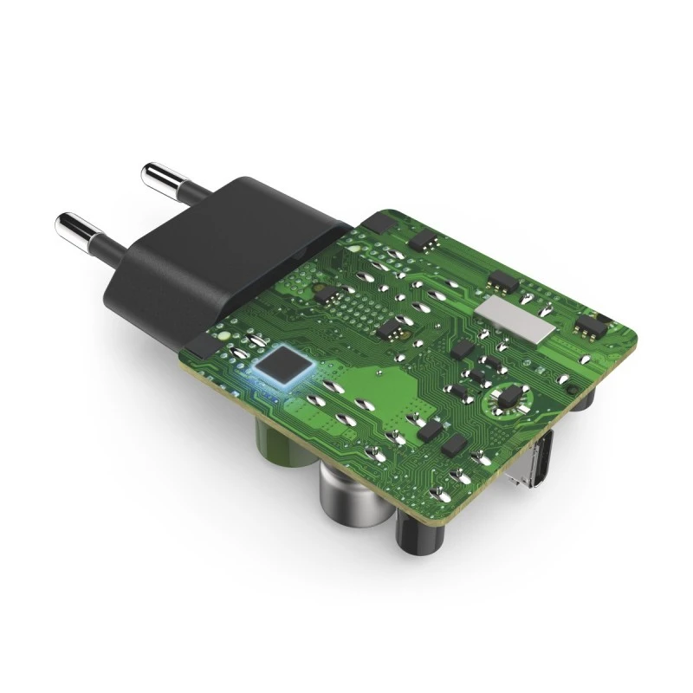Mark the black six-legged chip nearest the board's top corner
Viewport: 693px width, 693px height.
click(422, 238)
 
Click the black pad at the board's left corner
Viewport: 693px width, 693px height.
click(198, 347)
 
